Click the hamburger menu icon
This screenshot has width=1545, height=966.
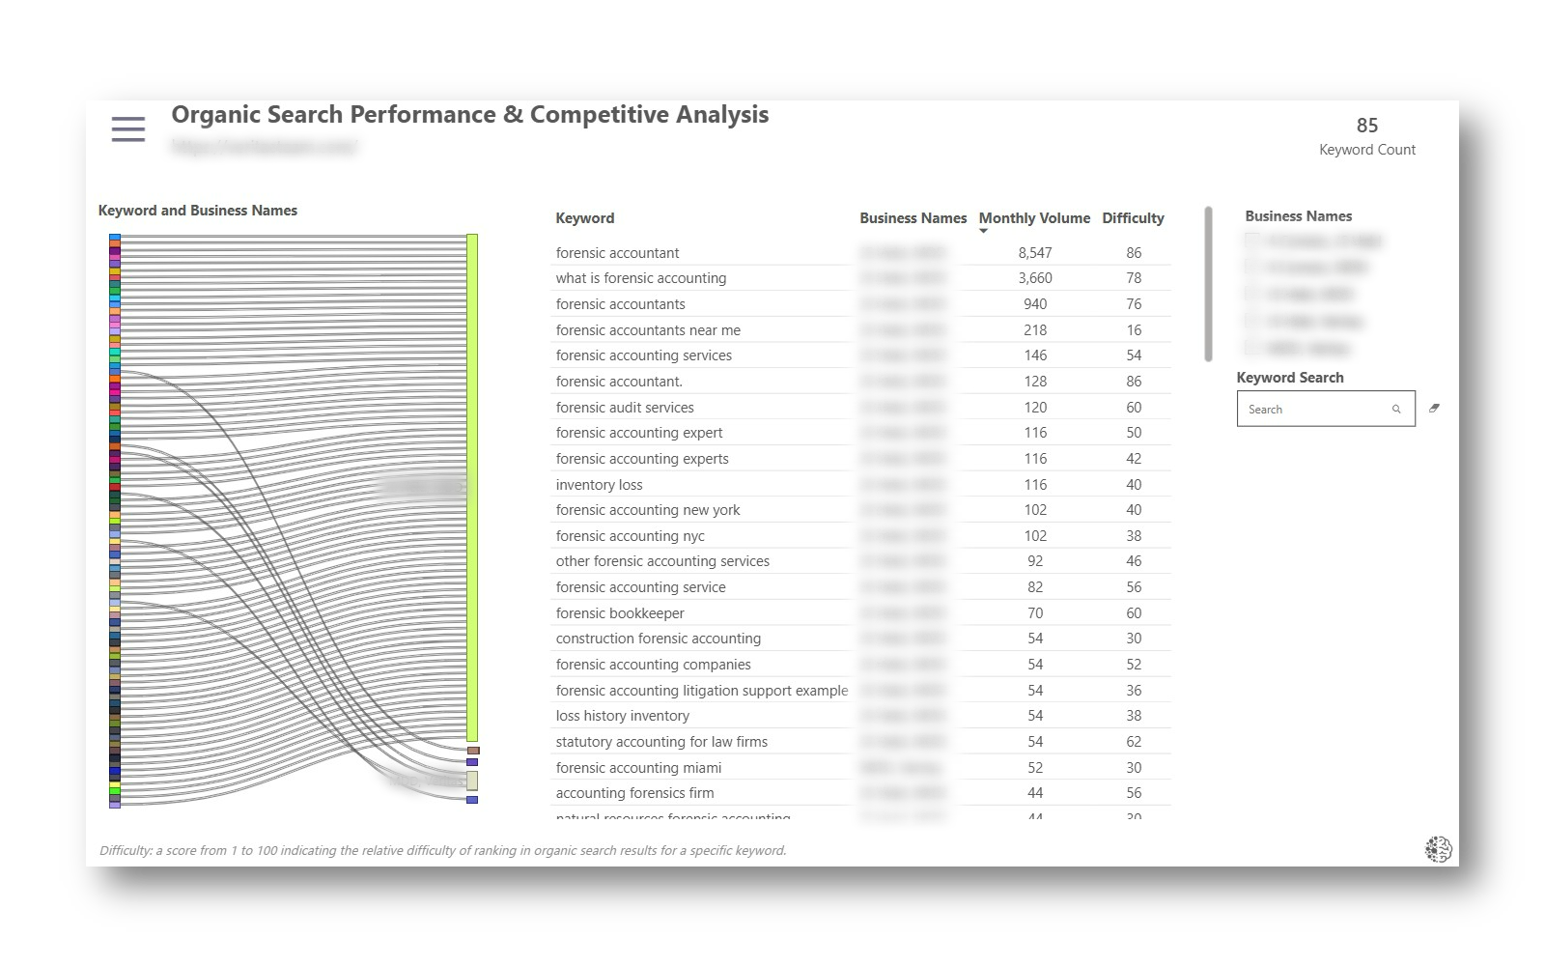coord(128,129)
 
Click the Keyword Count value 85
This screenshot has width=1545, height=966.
coord(1366,126)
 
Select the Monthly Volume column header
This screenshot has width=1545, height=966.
coord(1034,218)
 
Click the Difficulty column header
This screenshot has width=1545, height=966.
coord(1133,218)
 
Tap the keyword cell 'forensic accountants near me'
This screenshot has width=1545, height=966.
coord(648,330)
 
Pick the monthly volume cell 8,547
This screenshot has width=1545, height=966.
coord(1034,253)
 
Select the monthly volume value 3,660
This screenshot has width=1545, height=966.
coord(1034,278)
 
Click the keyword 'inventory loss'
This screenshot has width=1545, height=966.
coord(599,485)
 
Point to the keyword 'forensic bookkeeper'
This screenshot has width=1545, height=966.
coord(620,613)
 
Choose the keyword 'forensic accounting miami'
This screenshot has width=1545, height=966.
coord(638,768)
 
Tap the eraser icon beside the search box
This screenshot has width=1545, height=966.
coord(1434,409)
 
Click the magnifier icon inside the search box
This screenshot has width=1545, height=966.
coord(1396,410)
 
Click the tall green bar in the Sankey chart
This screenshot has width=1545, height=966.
coord(472,487)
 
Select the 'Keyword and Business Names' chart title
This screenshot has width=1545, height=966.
coord(198,211)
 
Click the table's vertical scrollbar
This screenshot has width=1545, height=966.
coord(1208,284)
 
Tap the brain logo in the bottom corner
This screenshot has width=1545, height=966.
coord(1438,849)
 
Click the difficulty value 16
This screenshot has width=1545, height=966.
coord(1133,330)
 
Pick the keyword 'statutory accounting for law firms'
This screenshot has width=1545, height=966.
coord(661,742)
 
